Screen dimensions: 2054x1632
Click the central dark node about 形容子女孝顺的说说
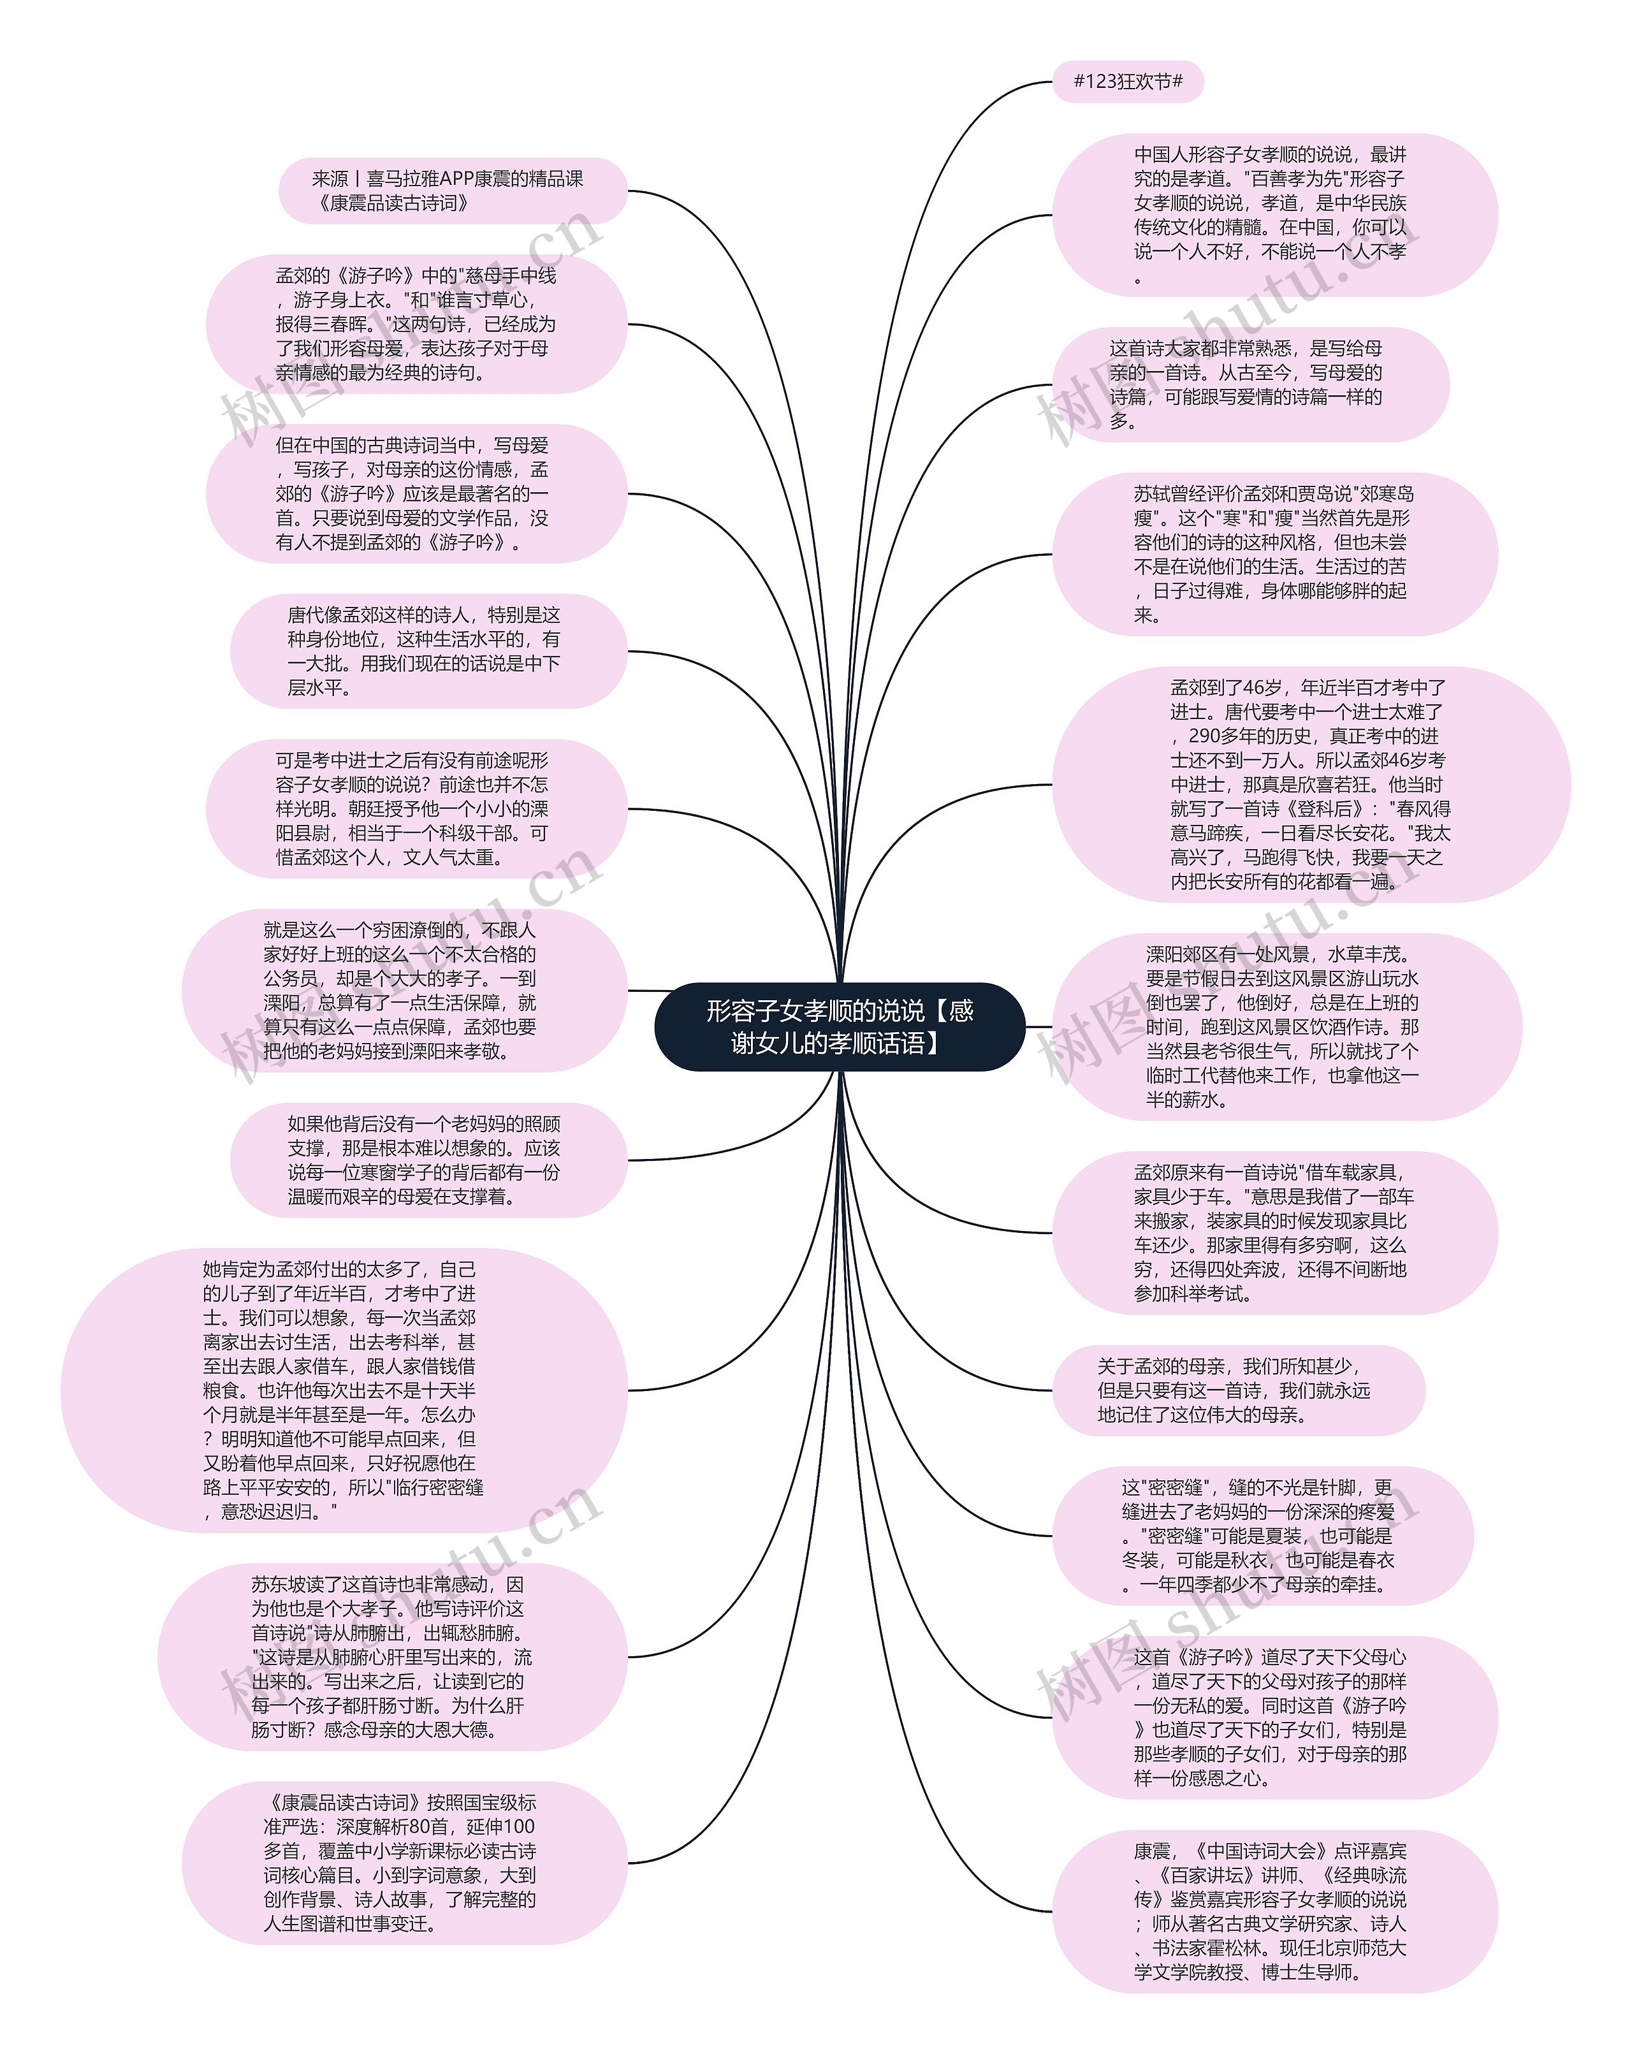tap(838, 1026)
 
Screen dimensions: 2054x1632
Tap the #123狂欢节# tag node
tap(1127, 82)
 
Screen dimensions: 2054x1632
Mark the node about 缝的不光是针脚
tap(1262, 1535)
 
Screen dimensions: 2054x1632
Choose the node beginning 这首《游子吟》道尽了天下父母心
tap(1274, 1717)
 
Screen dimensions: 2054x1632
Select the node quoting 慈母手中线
tap(416, 324)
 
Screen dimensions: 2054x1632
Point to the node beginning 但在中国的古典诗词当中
tap(416, 493)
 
